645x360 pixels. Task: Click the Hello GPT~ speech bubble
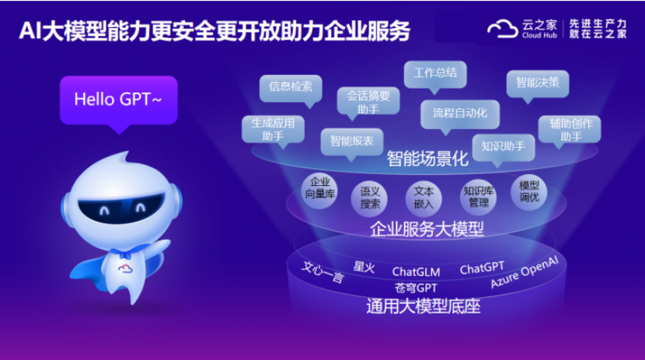pos(118,100)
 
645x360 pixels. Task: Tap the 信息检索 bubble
pos(291,88)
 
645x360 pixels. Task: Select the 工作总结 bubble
pos(435,75)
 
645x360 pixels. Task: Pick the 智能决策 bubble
pos(538,84)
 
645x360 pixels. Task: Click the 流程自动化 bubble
pos(460,114)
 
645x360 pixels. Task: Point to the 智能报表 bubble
pos(352,142)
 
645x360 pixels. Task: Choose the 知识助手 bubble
pos(503,147)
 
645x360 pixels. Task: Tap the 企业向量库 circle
pos(319,190)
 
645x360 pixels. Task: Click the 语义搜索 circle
pos(369,198)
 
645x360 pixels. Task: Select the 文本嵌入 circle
pos(424,198)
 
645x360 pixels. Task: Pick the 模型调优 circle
pos(528,192)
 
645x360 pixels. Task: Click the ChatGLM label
pos(416,272)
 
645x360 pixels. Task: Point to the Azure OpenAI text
pos(525,272)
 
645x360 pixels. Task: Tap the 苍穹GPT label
pos(416,288)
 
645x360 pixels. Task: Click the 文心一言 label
pos(323,272)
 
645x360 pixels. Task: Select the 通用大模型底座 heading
pos(424,306)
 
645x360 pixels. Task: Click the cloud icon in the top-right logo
pos(503,29)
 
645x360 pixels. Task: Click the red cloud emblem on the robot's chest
pos(125,269)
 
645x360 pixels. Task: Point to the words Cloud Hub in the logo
pos(539,36)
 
